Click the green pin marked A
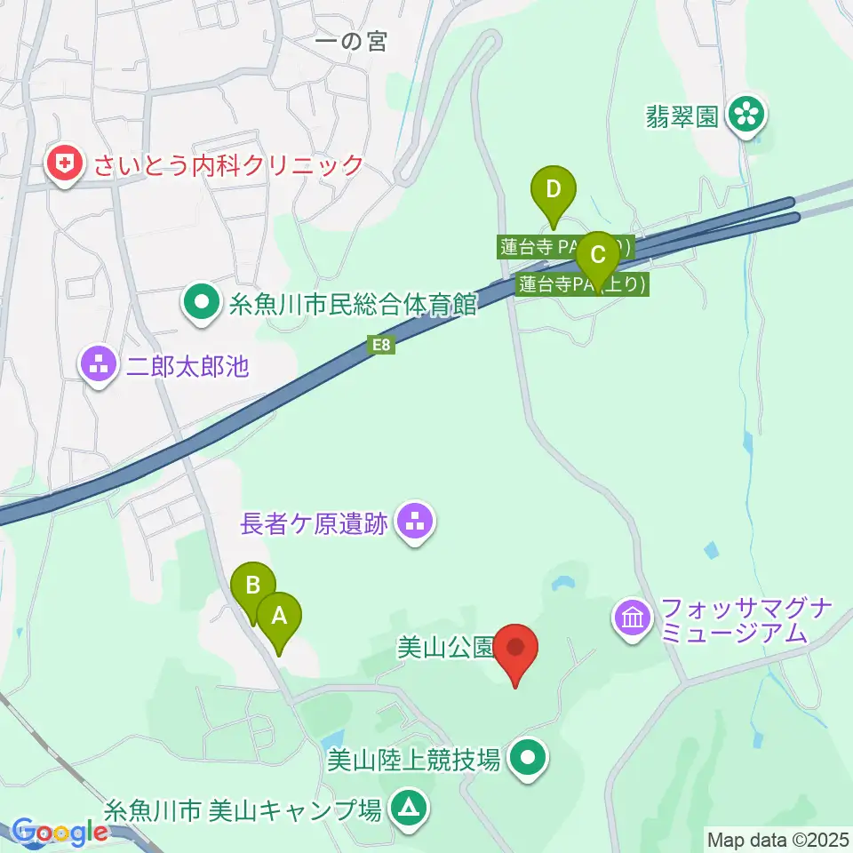tap(279, 615)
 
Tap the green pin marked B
tap(253, 586)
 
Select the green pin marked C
tap(598, 256)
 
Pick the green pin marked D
tap(554, 189)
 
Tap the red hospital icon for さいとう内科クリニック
tap(64, 164)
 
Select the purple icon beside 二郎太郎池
tap(97, 365)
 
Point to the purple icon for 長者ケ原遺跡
tap(415, 523)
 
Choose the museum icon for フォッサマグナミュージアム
tap(633, 618)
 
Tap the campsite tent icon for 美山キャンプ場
tap(409, 809)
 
